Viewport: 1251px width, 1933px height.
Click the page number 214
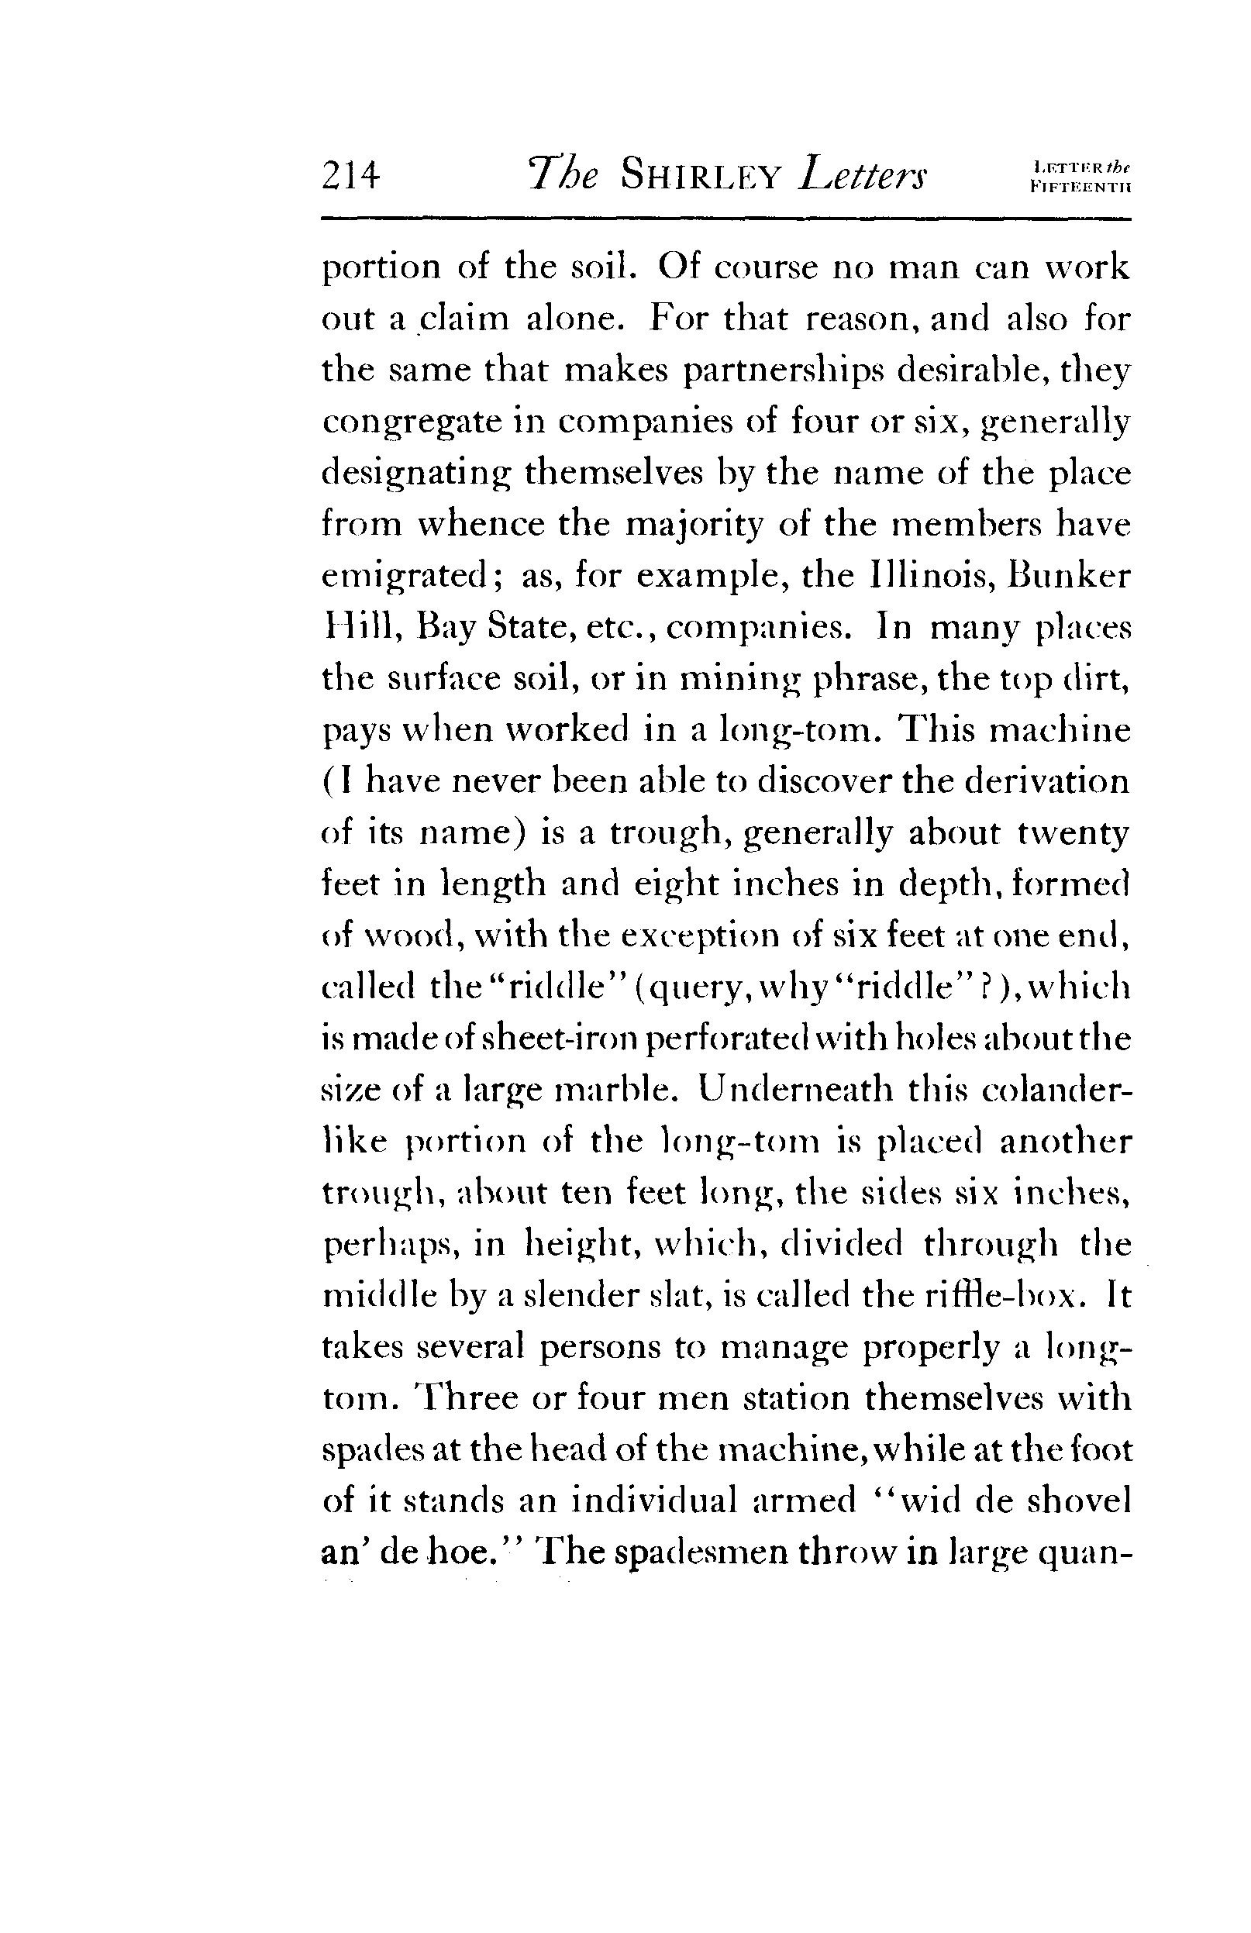point(351,175)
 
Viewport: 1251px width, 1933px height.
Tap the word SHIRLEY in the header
point(700,175)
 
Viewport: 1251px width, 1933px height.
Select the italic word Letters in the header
point(863,175)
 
